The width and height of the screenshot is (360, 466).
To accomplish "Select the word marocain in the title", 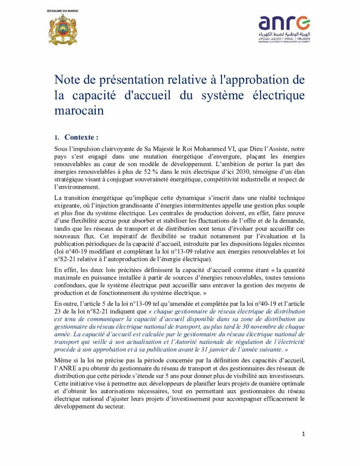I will point(79,111).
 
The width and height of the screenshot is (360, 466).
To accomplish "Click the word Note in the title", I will point(68,80).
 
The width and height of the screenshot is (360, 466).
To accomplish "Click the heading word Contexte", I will point(81,137).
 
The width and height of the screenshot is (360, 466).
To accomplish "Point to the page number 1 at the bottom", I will point(304,434).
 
